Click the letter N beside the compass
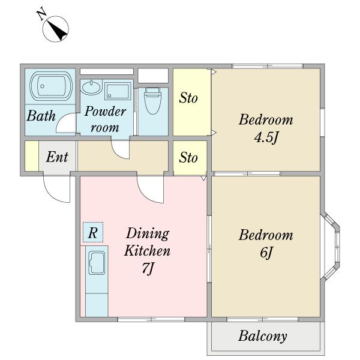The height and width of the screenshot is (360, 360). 41,15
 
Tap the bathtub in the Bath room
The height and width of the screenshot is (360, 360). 51,86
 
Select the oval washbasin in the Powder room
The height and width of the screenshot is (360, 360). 91,88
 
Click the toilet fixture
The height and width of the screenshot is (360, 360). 152,101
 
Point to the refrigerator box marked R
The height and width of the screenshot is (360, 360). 93,232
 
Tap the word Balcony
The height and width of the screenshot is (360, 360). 262,337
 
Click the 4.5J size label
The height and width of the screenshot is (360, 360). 266,137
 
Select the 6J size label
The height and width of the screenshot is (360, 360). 266,253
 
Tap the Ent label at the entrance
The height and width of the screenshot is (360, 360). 57,157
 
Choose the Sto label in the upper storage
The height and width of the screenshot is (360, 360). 188,98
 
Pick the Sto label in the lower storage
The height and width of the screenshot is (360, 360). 188,158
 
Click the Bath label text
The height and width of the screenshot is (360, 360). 41,116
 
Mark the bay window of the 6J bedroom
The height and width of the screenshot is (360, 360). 331,247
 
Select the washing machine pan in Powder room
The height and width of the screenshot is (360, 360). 118,91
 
